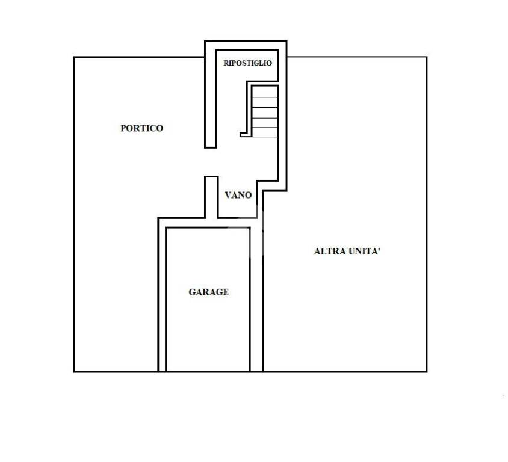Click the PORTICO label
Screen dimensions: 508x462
[x=141, y=128]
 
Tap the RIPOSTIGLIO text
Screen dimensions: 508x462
[x=247, y=63]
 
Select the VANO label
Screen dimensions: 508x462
[x=238, y=195]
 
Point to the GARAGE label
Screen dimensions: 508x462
[x=209, y=292]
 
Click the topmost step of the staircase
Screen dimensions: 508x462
[x=265, y=92]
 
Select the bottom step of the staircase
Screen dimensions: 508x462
[x=265, y=132]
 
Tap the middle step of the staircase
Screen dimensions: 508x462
[x=265, y=112]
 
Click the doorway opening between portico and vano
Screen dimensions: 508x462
[x=211, y=162]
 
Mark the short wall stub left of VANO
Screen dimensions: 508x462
[x=211, y=197]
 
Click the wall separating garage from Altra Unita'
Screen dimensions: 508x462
[x=256, y=300]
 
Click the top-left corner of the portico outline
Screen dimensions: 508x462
[x=75, y=57]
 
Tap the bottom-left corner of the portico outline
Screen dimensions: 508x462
[x=75, y=371]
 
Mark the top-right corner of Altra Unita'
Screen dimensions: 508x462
[x=427, y=57]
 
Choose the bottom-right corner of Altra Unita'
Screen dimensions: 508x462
[x=427, y=371]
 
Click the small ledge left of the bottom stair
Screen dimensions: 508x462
[x=246, y=135]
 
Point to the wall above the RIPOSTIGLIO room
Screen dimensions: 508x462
[x=246, y=45]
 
